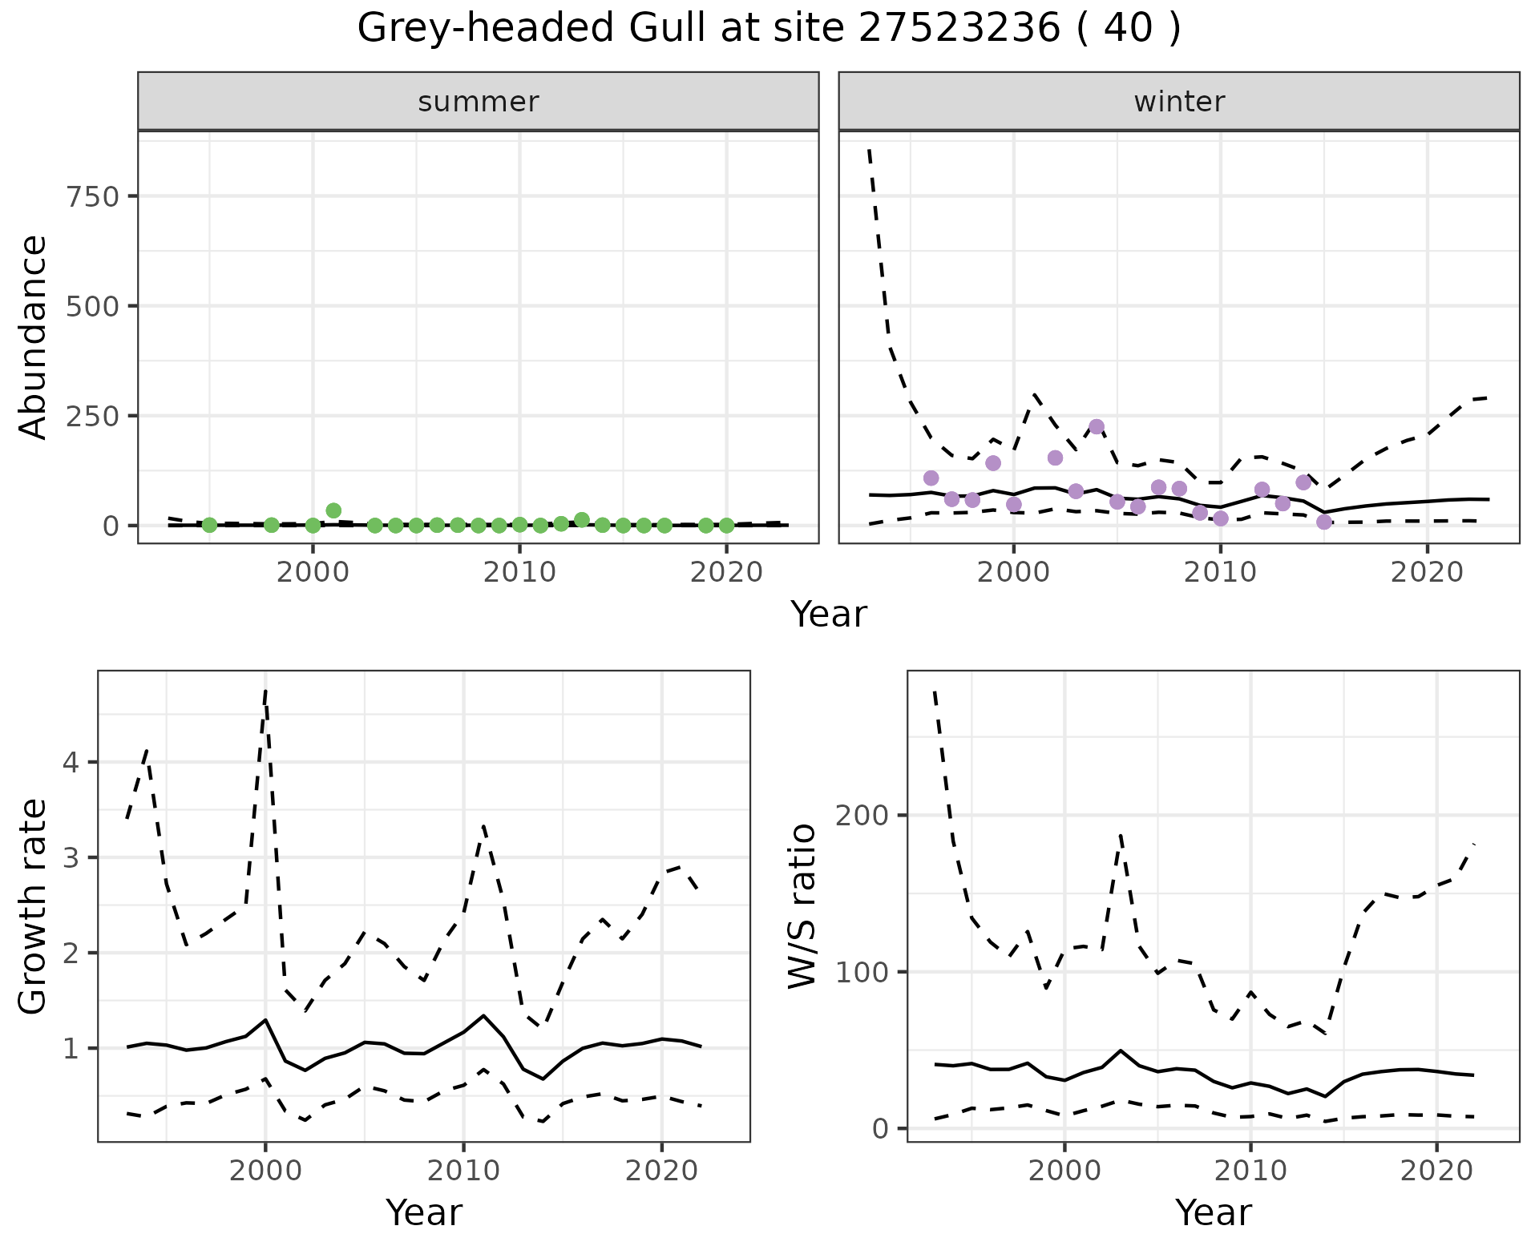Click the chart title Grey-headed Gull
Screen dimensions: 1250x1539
pos(769,29)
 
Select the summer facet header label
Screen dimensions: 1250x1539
pos(479,102)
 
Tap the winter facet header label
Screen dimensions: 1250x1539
pos(1179,102)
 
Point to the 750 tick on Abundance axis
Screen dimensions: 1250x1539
pos(93,196)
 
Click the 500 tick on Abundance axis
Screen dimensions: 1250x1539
pos(93,306)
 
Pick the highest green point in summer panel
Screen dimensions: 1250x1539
pos(333,510)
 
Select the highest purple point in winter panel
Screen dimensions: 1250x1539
pos(1097,427)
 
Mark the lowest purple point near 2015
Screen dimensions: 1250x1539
pos(1324,522)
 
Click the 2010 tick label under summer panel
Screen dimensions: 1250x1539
pos(519,573)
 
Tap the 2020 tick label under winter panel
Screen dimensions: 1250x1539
pos(1427,573)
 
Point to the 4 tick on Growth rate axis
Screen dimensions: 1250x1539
pos(71,762)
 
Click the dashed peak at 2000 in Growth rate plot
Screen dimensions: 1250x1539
pos(265,691)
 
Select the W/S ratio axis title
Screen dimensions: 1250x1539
pos(802,906)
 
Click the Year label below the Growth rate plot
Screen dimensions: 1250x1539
pos(424,1212)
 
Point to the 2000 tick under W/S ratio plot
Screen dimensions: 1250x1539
pos(1064,1171)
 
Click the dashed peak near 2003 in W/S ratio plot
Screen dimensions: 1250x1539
pos(1121,836)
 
